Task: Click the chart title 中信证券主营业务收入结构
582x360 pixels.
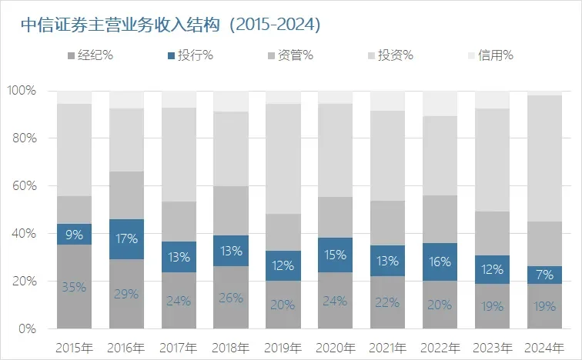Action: pos(169,25)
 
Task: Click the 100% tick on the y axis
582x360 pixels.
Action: pos(22,91)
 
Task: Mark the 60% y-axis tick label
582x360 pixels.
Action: pos(24,186)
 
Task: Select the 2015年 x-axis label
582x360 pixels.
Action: pos(74,347)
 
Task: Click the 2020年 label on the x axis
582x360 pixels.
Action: pos(335,347)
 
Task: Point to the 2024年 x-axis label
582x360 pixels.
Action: pos(544,347)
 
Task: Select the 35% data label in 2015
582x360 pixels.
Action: pos(74,288)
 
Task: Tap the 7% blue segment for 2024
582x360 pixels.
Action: pos(544,275)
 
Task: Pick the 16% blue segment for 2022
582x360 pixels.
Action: pos(439,262)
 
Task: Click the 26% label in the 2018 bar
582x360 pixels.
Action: pos(230,298)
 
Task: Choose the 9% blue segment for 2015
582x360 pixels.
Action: pos(74,235)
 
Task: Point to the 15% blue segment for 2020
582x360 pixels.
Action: pos(335,255)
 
